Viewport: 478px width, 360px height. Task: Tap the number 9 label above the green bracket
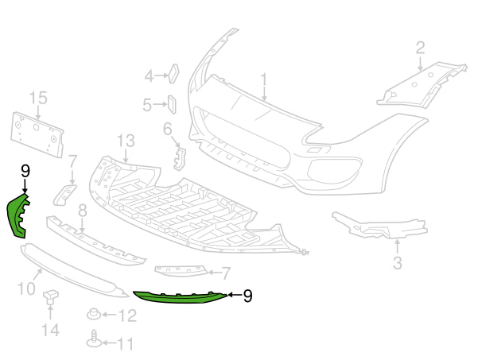25,171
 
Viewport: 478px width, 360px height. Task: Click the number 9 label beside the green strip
247,296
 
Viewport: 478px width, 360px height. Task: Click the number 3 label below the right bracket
397,262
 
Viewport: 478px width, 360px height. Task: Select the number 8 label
81,210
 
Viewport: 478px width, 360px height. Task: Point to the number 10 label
25,287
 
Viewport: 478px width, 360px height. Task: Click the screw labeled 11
94,340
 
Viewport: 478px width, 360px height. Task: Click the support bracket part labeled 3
374,226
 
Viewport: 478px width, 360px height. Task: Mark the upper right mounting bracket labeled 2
422,83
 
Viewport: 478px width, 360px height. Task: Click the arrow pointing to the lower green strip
232,295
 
